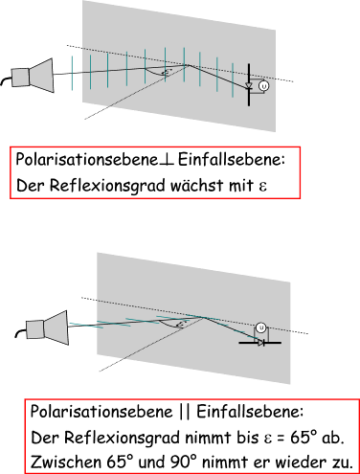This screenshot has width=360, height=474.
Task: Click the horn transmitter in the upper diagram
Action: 33,76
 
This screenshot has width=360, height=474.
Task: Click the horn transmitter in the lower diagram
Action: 47,328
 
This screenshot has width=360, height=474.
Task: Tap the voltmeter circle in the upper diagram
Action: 263,86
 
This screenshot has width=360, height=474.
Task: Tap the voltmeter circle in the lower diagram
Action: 261,327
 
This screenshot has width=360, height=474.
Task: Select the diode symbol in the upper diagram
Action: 249,85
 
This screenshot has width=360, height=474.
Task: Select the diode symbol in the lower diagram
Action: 260,343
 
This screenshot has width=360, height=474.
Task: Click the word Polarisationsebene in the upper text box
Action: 87,160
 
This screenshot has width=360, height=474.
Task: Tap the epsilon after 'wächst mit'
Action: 263,187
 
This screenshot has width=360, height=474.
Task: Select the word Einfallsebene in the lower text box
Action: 248,412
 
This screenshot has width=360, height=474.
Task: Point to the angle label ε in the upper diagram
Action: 166,73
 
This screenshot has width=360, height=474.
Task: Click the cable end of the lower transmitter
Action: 16,335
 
